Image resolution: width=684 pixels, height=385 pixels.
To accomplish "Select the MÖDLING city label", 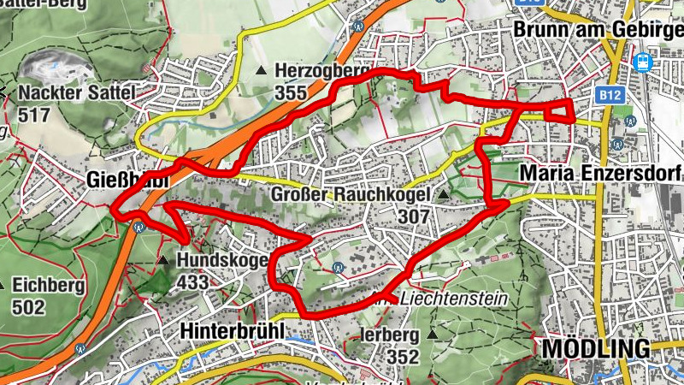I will [x=595, y=348].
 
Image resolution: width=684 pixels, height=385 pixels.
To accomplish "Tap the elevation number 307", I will [x=413, y=217].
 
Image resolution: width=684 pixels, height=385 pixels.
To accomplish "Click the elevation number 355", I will [x=292, y=92].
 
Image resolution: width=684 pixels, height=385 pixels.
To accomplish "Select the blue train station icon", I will [x=642, y=62].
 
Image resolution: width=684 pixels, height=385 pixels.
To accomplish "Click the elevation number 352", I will [x=402, y=355].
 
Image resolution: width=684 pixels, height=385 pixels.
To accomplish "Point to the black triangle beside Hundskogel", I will [x=162, y=259].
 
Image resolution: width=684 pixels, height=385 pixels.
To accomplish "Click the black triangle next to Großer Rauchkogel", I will [x=443, y=197].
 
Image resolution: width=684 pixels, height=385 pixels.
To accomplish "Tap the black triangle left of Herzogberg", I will [x=260, y=70].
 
